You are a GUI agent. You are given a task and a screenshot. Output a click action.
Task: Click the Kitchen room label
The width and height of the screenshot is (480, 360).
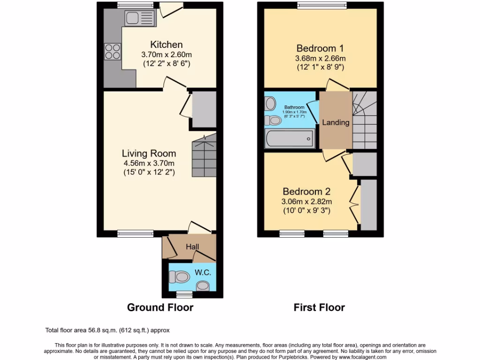pyautogui.click(x=166, y=45)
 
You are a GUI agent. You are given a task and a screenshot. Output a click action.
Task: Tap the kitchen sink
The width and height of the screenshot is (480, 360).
pyautogui.click(x=139, y=19)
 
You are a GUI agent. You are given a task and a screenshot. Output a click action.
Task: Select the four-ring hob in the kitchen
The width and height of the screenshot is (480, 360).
pyautogui.click(x=112, y=51)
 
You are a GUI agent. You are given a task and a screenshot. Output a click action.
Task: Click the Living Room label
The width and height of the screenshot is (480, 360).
pyautogui.click(x=149, y=153)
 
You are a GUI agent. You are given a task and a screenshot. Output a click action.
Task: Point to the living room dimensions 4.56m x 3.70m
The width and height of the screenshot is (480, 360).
pyautogui.click(x=149, y=163)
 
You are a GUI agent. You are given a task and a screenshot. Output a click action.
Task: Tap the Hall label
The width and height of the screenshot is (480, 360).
pyautogui.click(x=193, y=247)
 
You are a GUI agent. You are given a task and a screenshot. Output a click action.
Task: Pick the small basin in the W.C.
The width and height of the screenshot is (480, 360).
pyautogui.click(x=203, y=285)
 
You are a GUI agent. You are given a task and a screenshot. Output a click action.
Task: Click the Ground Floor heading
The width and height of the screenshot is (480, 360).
pyautogui.click(x=160, y=307)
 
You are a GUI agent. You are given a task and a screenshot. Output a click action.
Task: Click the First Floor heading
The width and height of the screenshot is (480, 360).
pyautogui.click(x=319, y=307)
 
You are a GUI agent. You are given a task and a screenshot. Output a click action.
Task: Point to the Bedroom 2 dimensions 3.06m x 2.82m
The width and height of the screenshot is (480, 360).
pyautogui.click(x=307, y=202)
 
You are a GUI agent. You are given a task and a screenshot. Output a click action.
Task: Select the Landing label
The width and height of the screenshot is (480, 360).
pyautogui.click(x=336, y=123)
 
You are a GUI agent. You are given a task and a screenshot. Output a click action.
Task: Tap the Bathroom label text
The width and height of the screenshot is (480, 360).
pyautogui.click(x=294, y=107)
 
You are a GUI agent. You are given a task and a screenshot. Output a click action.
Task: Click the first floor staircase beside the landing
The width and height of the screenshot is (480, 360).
pyautogui.click(x=364, y=120)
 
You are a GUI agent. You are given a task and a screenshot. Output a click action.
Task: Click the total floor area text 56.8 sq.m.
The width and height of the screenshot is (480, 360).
pyautogui.click(x=111, y=330)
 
